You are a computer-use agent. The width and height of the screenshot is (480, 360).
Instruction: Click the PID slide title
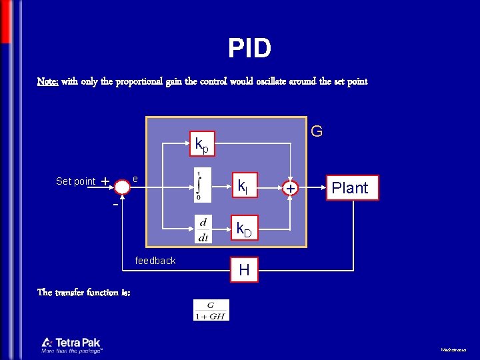[x=249, y=48]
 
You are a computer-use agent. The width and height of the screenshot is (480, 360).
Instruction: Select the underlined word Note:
[x=47, y=81]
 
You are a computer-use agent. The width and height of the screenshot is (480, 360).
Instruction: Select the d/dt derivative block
[x=203, y=229]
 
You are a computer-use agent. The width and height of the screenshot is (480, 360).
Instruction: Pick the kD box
[x=245, y=230]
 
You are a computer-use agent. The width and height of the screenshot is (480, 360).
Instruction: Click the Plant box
[x=350, y=187]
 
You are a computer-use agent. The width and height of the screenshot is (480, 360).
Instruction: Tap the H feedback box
[x=244, y=270]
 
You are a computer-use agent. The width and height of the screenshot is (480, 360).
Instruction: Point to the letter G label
[x=317, y=131]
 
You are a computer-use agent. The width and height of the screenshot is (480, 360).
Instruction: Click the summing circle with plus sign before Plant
[x=290, y=189]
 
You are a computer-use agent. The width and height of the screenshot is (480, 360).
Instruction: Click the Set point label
[x=75, y=181]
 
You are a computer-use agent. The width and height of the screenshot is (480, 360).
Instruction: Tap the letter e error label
[x=135, y=179]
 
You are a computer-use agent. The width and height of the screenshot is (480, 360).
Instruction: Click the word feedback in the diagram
[x=155, y=261]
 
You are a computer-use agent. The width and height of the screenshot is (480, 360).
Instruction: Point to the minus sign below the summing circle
[x=115, y=205]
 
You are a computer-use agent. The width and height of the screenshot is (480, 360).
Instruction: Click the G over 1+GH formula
[x=211, y=310]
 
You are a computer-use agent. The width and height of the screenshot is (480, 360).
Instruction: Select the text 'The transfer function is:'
[x=84, y=292]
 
